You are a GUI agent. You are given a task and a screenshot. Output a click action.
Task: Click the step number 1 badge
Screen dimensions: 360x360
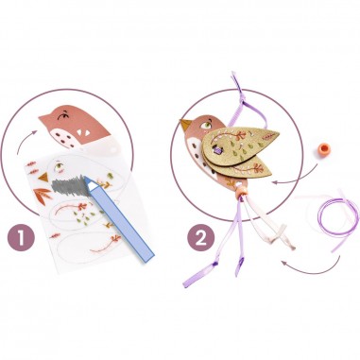point(21,238)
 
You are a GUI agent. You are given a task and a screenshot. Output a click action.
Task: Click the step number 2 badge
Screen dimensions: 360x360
point(201,238)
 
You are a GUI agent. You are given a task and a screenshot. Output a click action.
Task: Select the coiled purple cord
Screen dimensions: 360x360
point(337,217)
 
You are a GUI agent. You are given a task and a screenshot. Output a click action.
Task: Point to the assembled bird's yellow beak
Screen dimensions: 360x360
point(186,125)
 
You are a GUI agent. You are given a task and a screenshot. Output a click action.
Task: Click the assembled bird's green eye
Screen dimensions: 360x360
point(206,125)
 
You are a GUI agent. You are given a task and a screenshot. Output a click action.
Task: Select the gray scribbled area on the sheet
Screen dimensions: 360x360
point(68,185)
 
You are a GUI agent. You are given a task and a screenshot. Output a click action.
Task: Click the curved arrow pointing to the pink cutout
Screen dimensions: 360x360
point(26,139)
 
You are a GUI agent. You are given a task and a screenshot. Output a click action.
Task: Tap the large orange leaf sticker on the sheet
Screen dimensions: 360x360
point(43,195)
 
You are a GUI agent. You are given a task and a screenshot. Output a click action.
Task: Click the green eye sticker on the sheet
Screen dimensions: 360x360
point(60,165)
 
